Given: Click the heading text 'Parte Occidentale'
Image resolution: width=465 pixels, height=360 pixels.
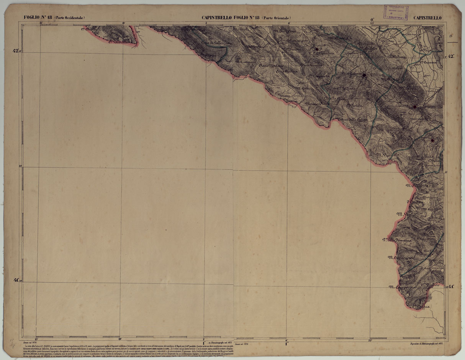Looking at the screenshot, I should (x=69, y=18).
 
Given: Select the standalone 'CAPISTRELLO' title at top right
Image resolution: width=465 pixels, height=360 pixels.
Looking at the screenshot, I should (x=427, y=18).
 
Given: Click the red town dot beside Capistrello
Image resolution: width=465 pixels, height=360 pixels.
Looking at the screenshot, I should (x=414, y=107).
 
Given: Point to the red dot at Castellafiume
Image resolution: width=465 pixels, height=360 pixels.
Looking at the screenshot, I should (x=364, y=75).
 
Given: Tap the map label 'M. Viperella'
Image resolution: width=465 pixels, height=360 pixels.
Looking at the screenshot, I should (x=388, y=155).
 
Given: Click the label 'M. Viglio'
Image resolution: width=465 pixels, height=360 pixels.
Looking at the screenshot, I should (x=406, y=215).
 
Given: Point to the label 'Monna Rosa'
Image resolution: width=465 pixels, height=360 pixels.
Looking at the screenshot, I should (x=317, y=104).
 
